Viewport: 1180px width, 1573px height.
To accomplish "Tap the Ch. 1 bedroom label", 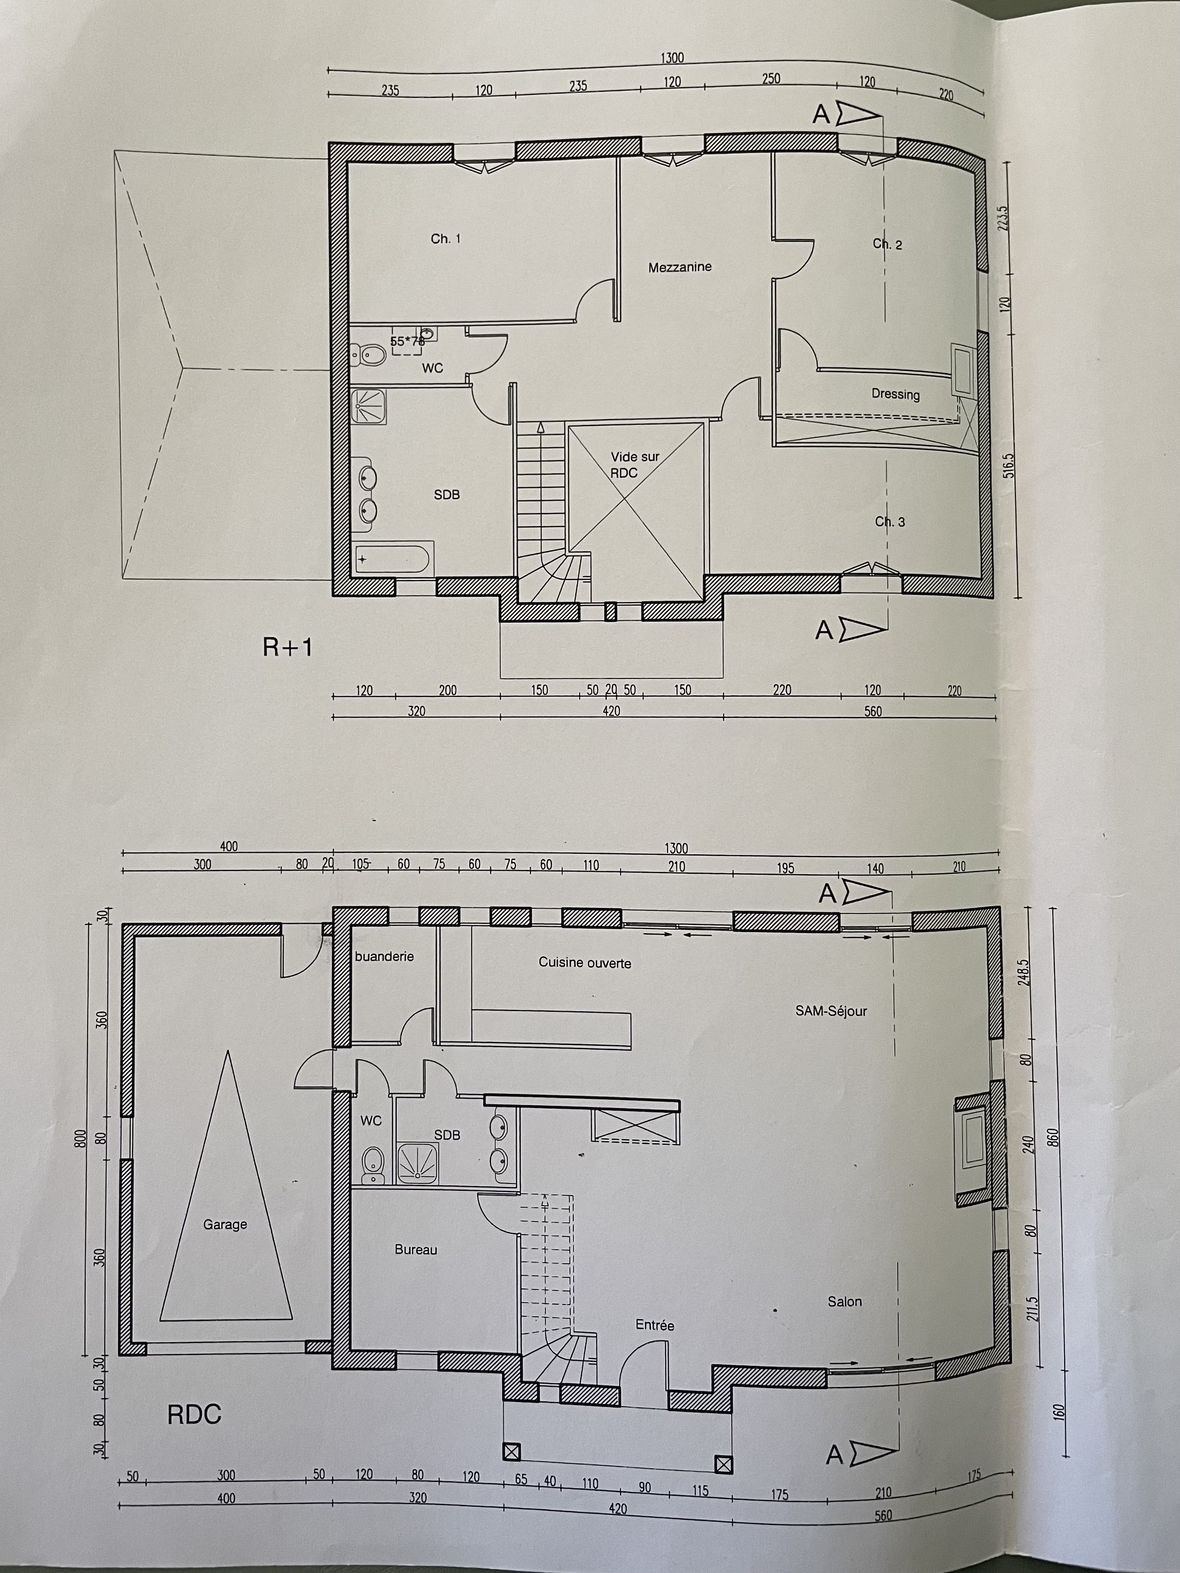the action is (445, 239).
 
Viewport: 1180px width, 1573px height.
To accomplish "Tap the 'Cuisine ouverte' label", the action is (585, 963).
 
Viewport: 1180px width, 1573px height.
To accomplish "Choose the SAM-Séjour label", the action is (831, 1011).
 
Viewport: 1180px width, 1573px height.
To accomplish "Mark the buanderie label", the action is (384, 956).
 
